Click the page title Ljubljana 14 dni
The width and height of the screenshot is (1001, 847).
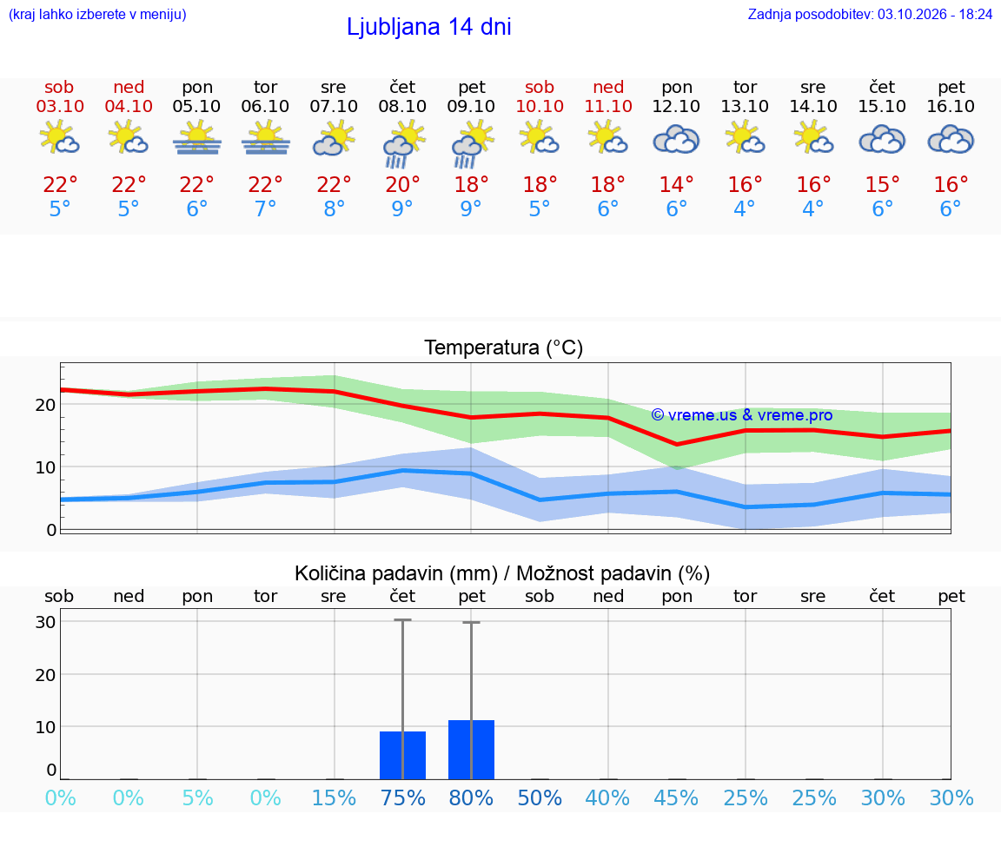pyautogui.click(x=429, y=27)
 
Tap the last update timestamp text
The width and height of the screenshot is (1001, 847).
pyautogui.click(x=870, y=14)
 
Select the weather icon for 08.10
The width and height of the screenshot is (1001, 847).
pyautogui.click(x=403, y=143)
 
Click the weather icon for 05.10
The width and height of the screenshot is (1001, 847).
pyautogui.click(x=196, y=139)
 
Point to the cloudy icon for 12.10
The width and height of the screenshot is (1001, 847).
pyautogui.click(x=677, y=140)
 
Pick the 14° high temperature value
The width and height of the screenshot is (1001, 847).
pyautogui.click(x=677, y=184)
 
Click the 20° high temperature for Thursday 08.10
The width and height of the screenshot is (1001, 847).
pyautogui.click(x=403, y=184)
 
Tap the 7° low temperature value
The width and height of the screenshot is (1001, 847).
pyautogui.click(x=266, y=208)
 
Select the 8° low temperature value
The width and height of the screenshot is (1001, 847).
pyautogui.click(x=334, y=208)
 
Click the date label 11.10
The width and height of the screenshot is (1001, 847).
pyautogui.click(x=608, y=106)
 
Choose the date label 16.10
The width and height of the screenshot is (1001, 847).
pyautogui.click(x=951, y=106)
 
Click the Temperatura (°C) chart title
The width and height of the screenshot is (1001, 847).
pyautogui.click(x=504, y=347)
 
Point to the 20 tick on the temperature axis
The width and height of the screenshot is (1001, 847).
pyautogui.click(x=46, y=405)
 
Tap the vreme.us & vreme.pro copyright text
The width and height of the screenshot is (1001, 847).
pyautogui.click(x=742, y=415)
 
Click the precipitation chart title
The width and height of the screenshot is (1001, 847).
pyautogui.click(x=502, y=573)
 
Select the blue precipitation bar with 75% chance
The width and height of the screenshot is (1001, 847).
pyautogui.click(x=403, y=755)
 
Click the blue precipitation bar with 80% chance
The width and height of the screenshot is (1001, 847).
pyautogui.click(x=471, y=750)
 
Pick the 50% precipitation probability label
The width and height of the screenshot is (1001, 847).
pyautogui.click(x=540, y=797)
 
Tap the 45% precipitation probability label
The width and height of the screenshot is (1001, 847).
pyautogui.click(x=677, y=797)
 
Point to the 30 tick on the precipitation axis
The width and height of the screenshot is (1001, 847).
pyautogui.click(x=46, y=622)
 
